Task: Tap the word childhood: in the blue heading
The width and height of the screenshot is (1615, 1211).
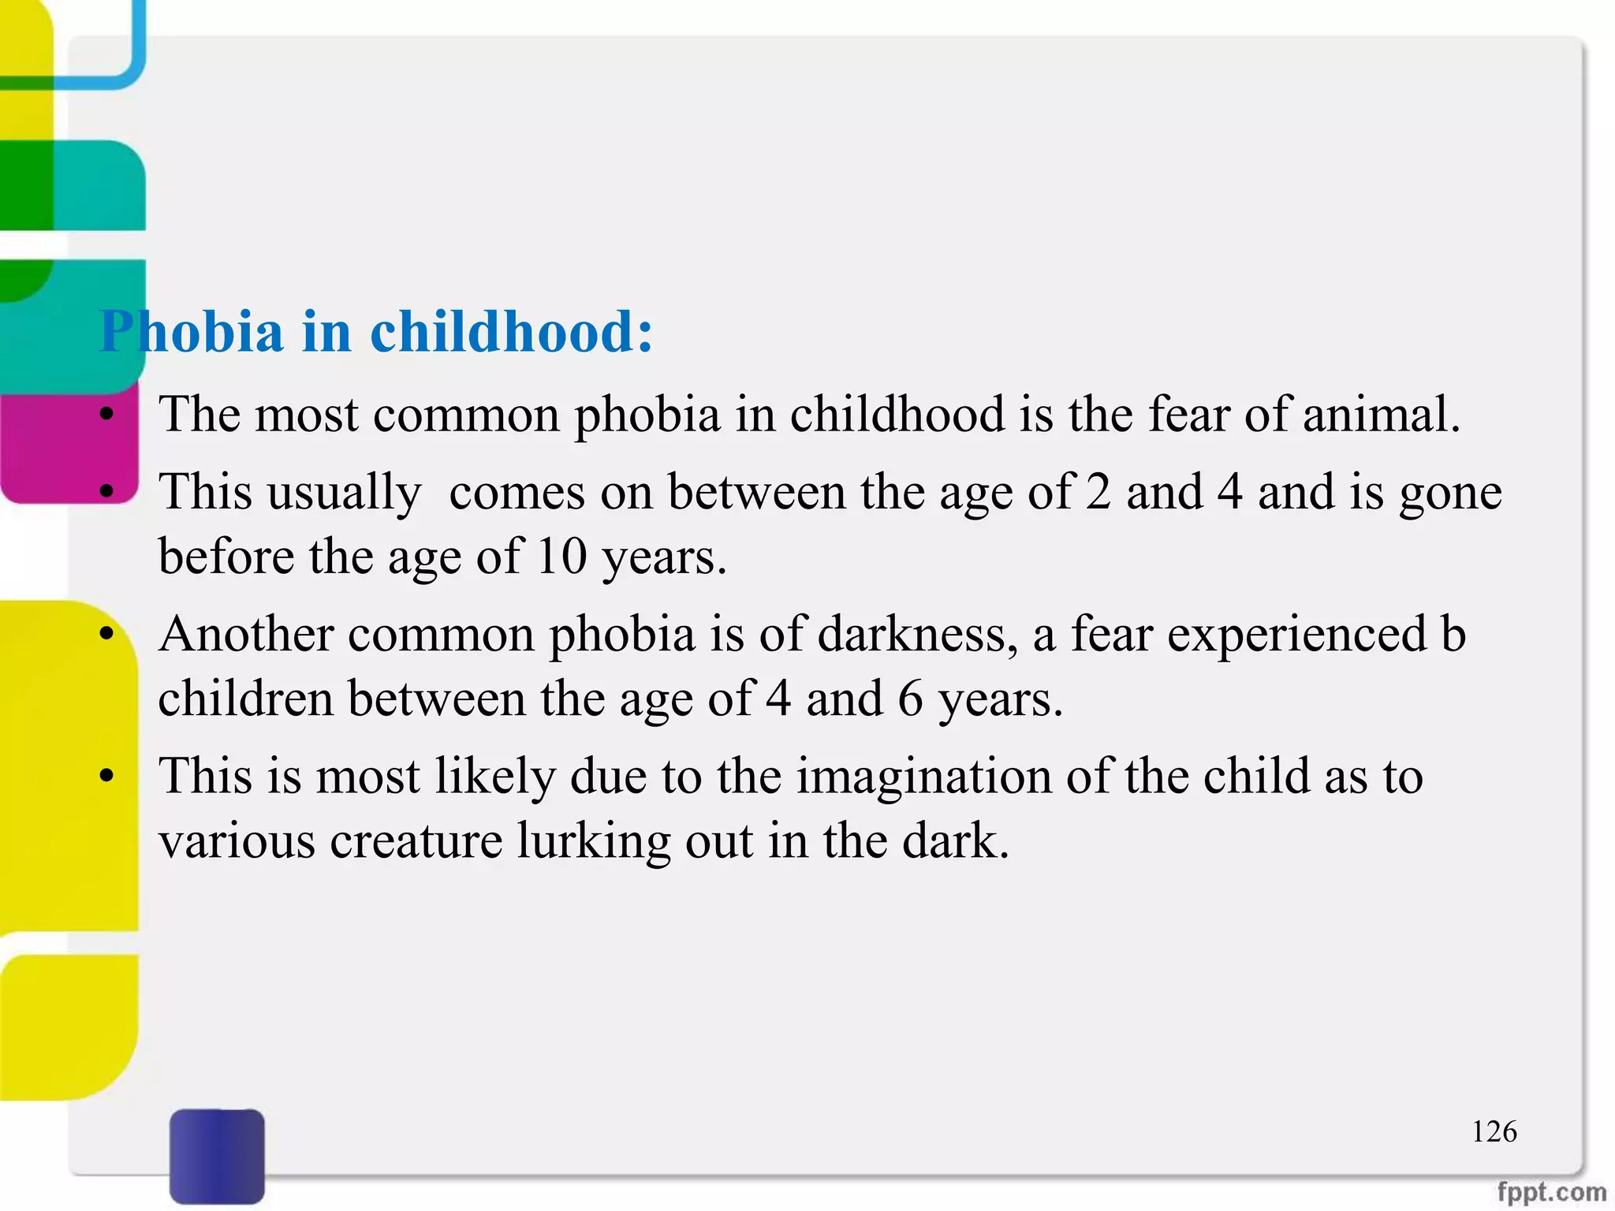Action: click(x=512, y=331)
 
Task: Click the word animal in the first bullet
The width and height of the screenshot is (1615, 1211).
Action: click(x=1380, y=415)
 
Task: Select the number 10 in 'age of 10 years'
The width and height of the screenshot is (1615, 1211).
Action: click(x=561, y=557)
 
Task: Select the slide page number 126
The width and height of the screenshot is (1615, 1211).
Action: click(x=1494, y=1132)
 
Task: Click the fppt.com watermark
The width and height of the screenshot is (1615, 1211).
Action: click(x=1550, y=1192)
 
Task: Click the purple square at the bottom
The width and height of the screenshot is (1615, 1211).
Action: click(x=217, y=1156)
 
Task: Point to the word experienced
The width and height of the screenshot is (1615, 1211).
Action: click(x=1296, y=634)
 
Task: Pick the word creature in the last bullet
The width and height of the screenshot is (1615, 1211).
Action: click(x=416, y=840)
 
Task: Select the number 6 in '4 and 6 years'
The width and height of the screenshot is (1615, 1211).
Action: click(x=910, y=699)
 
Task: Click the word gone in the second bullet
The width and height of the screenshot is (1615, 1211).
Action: click(x=1449, y=494)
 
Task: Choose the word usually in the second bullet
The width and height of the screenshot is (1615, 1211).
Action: click(x=345, y=494)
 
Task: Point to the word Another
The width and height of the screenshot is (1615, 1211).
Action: click(x=245, y=634)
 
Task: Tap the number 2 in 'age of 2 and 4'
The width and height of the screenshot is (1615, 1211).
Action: click(x=1098, y=492)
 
